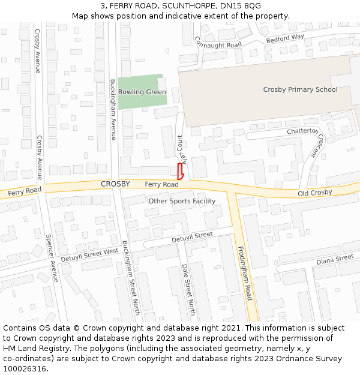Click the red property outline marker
pyautogui.click(x=180, y=171)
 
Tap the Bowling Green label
pyautogui.click(x=142, y=92)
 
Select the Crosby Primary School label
pyautogui.click(x=300, y=89)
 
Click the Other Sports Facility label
pyautogui.click(x=182, y=201)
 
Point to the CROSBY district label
pyautogui.click(x=115, y=184)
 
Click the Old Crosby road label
pyautogui.click(x=315, y=192)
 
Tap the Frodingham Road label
pyautogui.click(x=244, y=274)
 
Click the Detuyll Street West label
pyautogui.click(x=90, y=254)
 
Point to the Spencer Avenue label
pyautogui.click(x=52, y=258)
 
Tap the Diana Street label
pyautogui.click(x=335, y=259)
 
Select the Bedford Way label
pyautogui.click(x=286, y=38)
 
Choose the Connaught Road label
pyautogui.click(x=218, y=43)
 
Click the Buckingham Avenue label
pyautogui.click(x=113, y=110)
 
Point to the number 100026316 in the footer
pyautogui.click(x=25, y=369)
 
